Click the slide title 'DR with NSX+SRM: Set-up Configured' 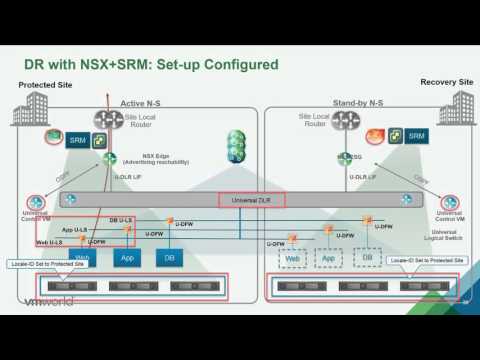coord(151,66)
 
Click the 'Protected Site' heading coord(44,86)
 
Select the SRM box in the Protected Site coord(77,141)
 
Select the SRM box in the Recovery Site coord(418,135)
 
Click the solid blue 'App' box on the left coord(127,258)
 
